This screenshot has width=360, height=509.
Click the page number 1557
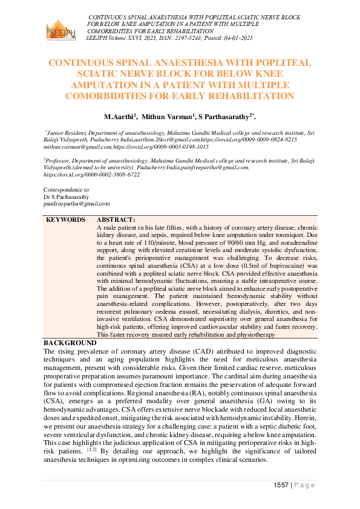pyautogui.click(x=281, y=485)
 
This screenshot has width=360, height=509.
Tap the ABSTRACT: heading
pyautogui.click(x=116, y=219)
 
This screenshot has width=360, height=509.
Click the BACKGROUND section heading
pyautogui.click(x=70, y=342)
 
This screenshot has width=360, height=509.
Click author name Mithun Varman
pyautogui.click(x=171, y=116)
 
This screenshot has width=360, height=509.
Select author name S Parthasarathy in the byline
pyautogui.click(x=226, y=116)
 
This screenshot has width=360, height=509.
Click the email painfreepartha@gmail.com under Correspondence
pyautogui.click(x=76, y=205)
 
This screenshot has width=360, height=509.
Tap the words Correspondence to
pyautogui.click(x=67, y=190)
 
